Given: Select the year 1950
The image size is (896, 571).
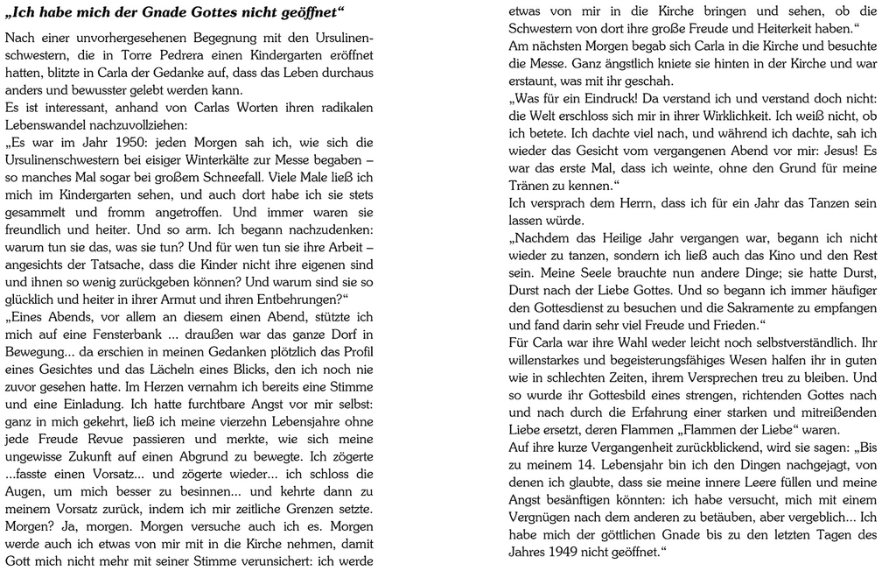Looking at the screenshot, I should (129, 143).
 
